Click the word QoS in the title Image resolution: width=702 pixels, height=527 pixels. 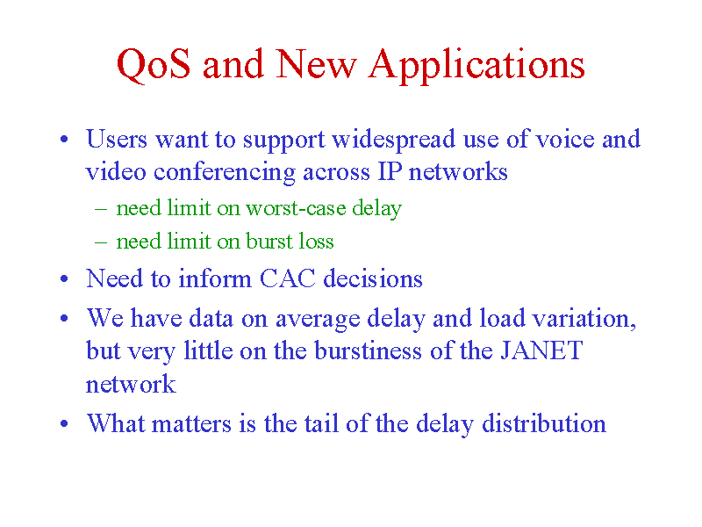154,65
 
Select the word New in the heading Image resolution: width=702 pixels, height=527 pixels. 317,64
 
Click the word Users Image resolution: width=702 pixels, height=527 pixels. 117,139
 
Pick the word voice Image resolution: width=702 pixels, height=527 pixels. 565,140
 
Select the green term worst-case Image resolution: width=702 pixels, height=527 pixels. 296,208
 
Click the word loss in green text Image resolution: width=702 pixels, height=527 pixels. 317,241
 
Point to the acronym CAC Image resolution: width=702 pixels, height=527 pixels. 288,278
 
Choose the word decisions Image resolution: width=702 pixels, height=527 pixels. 373,278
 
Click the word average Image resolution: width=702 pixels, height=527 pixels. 318,320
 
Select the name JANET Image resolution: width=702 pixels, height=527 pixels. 541,350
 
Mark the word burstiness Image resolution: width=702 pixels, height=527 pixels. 368,350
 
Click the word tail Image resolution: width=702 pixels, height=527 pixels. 321,423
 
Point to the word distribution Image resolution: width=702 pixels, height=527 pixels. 544,423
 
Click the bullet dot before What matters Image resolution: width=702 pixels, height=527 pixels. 64,423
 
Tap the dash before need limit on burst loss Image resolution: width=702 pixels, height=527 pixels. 101,242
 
